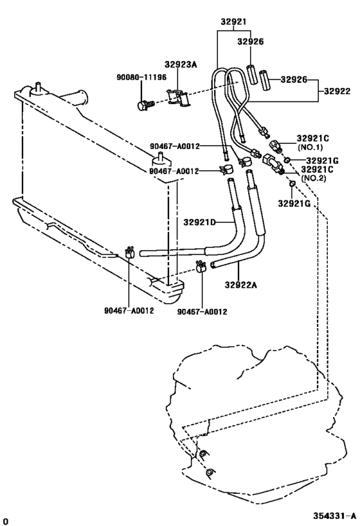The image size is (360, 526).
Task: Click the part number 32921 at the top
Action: click(233, 21)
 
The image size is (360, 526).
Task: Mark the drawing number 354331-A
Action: click(334, 515)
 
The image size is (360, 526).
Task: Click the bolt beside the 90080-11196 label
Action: click(145, 103)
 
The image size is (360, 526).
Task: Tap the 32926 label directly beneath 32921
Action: click(251, 41)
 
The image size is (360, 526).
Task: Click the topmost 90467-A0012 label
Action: click(168, 147)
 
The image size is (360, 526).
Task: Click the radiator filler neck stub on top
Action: click(38, 88)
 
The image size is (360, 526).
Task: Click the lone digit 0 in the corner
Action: click(5, 518)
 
